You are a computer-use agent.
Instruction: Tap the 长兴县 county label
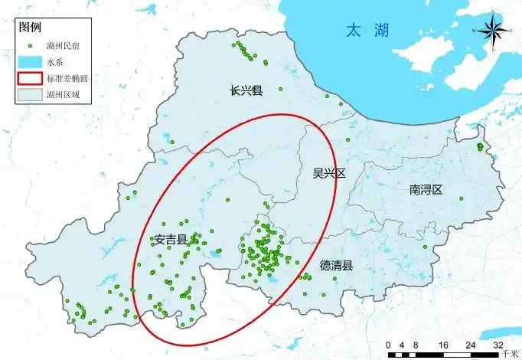[x=246, y=90]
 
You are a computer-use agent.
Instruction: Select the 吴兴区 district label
[x=329, y=173]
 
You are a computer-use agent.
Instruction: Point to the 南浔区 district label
[x=426, y=189]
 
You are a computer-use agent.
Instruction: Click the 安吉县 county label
[x=171, y=239]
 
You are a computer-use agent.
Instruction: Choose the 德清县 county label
[x=336, y=266]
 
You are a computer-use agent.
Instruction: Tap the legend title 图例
[x=29, y=28]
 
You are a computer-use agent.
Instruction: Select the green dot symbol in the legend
[x=29, y=44]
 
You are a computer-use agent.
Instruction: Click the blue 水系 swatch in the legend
[x=29, y=61]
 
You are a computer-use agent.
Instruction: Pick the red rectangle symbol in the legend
[x=29, y=78]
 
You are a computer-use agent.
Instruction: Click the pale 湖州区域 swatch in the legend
[x=29, y=96]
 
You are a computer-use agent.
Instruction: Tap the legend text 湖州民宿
[x=64, y=45]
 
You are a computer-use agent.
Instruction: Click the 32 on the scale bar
[x=498, y=345]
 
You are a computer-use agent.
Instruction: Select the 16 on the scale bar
[x=443, y=345]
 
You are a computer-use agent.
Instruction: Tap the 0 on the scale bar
[x=389, y=345]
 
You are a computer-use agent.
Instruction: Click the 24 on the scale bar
[x=471, y=345]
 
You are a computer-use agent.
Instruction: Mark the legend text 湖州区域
[x=64, y=96]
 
